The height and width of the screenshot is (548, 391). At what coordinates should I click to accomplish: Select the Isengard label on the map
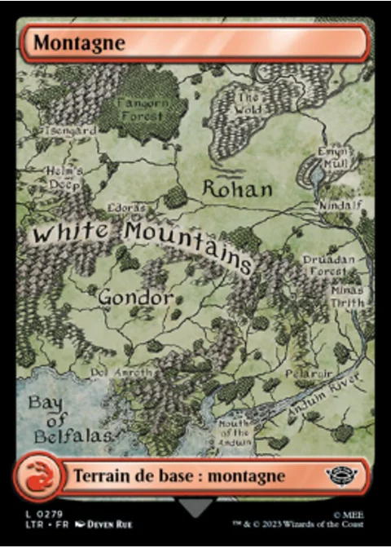[x=71, y=130]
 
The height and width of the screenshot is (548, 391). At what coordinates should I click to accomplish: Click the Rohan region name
[x=237, y=189]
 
